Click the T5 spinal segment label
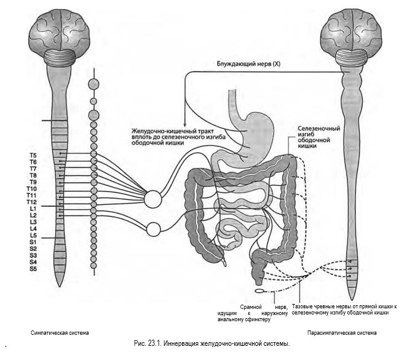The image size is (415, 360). click(33, 156)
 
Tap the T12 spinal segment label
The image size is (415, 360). click(31, 202)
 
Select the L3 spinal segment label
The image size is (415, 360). click(33, 222)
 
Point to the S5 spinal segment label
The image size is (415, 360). click(33, 269)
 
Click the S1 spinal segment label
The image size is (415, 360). click(33, 242)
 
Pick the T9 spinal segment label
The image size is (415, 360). click(33, 182)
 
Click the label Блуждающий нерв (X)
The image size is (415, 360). click(248, 64)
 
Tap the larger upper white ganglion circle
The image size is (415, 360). click(153, 199)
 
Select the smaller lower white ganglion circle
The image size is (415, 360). click(154, 229)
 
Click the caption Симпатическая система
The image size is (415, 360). click(60, 333)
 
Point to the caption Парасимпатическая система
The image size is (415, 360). click(342, 333)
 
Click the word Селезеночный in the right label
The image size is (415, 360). click(318, 129)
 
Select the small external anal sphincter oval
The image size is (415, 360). click(259, 291)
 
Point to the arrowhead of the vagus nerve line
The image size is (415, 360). click(185, 125)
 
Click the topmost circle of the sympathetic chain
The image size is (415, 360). click(93, 84)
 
